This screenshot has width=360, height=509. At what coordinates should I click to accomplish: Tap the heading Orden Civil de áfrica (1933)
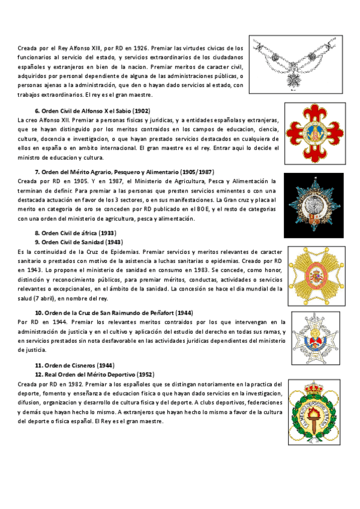(x=75, y=233)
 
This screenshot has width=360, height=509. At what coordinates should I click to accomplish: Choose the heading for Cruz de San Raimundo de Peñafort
(x=113, y=313)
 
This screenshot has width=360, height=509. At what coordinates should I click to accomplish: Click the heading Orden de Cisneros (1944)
(x=66, y=365)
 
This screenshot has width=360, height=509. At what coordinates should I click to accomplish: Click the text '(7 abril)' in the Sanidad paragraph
(x=44, y=298)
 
